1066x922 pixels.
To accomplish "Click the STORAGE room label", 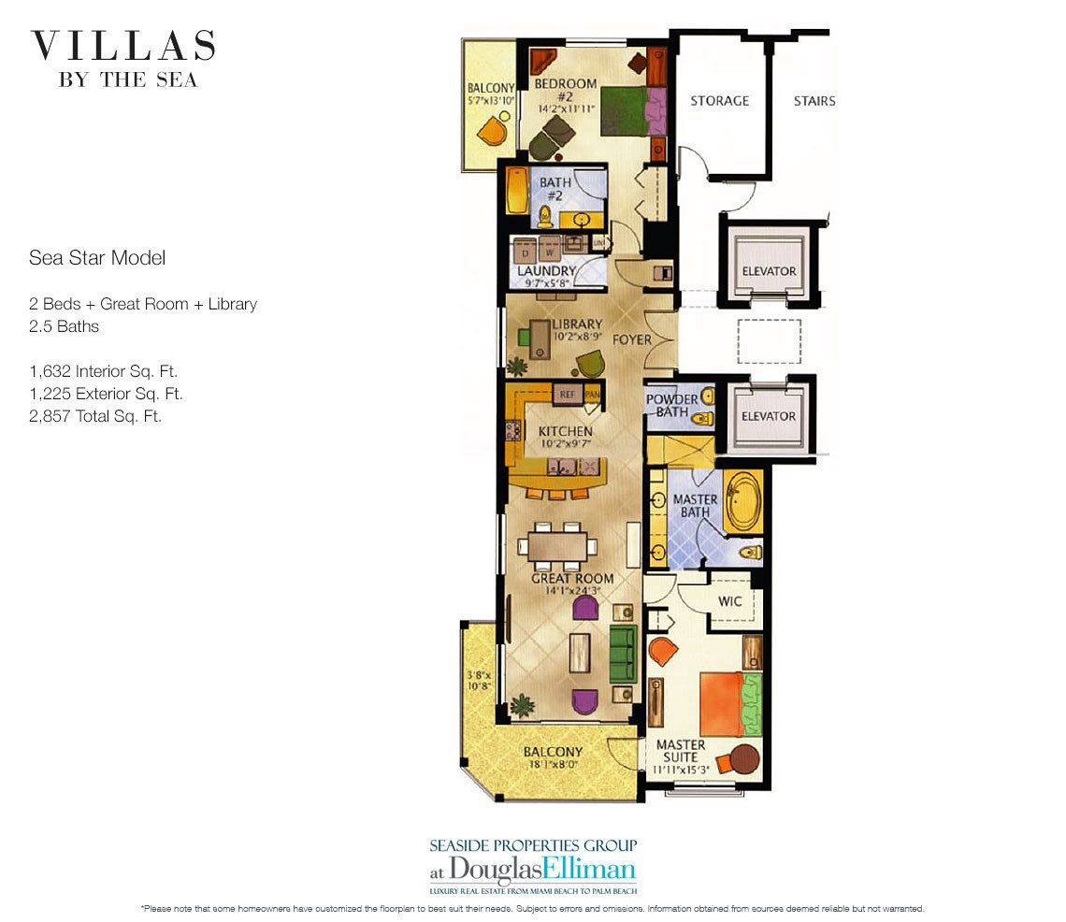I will point(719,101).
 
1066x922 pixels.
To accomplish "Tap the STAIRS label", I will point(814,101).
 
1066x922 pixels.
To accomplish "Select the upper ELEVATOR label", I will point(768,271).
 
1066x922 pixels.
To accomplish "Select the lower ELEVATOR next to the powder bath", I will point(768,416).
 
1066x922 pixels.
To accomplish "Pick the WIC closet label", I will point(730,601).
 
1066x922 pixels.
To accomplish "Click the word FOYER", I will point(632,339).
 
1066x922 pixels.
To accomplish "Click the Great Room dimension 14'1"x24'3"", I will point(572,591).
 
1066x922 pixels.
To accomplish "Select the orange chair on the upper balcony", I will point(491,131).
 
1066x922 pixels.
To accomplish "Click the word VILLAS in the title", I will point(123,46).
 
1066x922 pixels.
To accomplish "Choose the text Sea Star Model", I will point(97,257).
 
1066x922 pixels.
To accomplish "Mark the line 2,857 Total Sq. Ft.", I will point(95,417).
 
